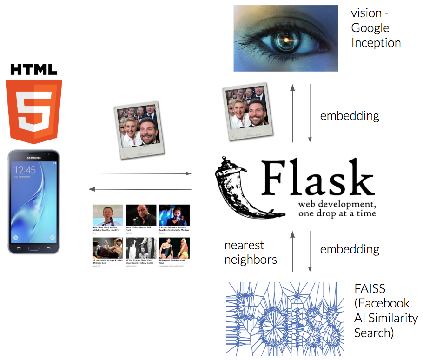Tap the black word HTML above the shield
[x=34, y=70]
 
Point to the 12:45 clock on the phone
[x=25, y=170]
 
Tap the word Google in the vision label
[x=370, y=28]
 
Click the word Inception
[x=376, y=43]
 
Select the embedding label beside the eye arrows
[x=350, y=116]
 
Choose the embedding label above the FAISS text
[x=350, y=249]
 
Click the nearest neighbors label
[x=251, y=252]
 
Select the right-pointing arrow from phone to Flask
[x=139, y=173]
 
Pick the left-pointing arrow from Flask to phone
[x=139, y=189]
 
